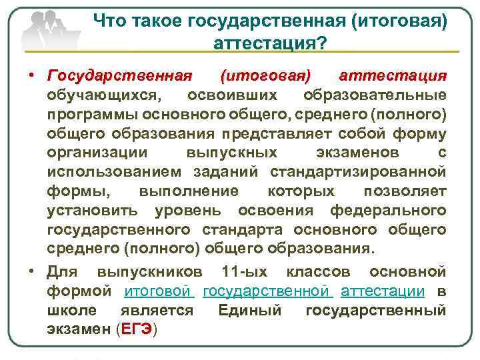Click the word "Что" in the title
pos(108,22)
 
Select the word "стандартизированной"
pos(358,172)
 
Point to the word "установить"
pos(93,211)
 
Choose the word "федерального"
pos(388,211)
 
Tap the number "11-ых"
pos(245,272)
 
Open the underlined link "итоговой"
pos(159,291)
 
